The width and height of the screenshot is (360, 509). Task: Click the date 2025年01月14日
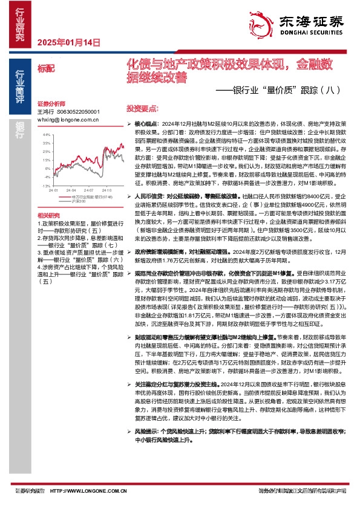pyautogui.click(x=68, y=42)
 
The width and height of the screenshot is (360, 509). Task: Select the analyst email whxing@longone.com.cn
pyautogui.click(x=68, y=120)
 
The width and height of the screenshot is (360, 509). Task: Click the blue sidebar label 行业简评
pyautogui.click(x=20, y=84)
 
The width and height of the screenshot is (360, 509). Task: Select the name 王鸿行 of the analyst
pyautogui.click(x=46, y=112)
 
